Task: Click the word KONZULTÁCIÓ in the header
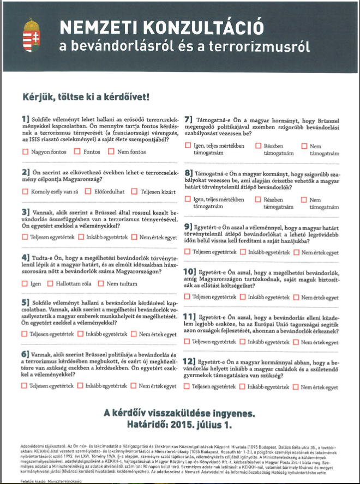[x=204, y=27]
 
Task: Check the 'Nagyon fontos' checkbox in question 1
[x=25, y=152]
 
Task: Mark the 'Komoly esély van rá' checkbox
[x=25, y=192]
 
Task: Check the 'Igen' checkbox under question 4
[x=25, y=284]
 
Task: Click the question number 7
[x=189, y=119]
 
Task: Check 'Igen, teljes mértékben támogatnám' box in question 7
[x=188, y=146]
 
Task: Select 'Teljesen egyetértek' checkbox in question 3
[x=25, y=237]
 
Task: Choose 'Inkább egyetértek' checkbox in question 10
[x=243, y=297]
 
